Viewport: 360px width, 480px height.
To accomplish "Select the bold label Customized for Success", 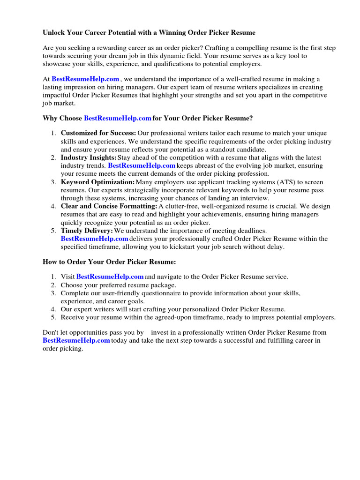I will tap(98, 134).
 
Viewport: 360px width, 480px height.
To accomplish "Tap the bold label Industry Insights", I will tap(89, 157).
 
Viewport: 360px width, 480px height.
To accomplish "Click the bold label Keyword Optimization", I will tap(97, 182).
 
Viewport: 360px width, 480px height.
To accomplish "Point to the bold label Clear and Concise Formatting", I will tap(109, 206).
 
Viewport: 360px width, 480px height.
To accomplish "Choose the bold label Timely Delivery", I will tap(87, 231).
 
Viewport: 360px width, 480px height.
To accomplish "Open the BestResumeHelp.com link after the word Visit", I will tap(110, 277).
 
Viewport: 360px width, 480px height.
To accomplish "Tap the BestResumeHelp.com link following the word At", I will tap(85, 79).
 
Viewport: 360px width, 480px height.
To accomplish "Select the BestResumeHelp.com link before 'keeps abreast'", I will tap(142, 165).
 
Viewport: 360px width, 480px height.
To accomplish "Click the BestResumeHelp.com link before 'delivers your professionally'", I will tap(94, 239).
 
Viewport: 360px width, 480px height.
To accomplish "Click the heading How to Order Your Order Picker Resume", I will tap(109, 262).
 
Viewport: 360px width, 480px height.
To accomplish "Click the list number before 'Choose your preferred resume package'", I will tap(53, 285).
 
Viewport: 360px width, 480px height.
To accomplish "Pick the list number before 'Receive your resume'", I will tap(53, 317).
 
